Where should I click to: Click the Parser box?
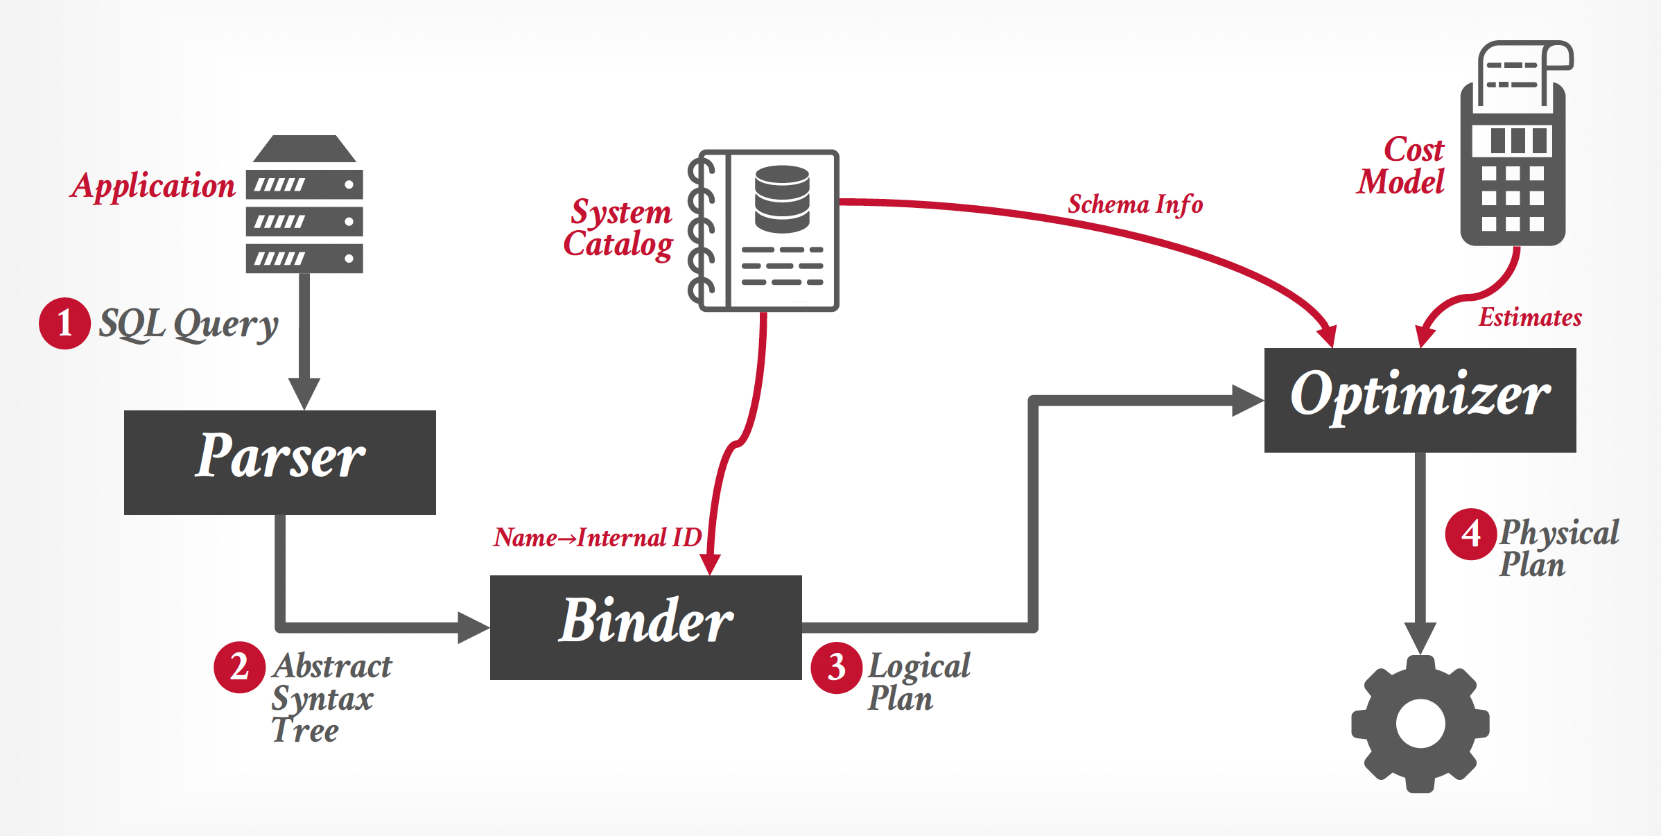pyautogui.click(x=280, y=462)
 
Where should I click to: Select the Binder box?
pyautogui.click(x=645, y=627)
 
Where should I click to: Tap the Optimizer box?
pyautogui.click(x=1420, y=400)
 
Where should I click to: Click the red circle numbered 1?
pyautogui.click(x=64, y=324)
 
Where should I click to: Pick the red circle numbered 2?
pyautogui.click(x=239, y=668)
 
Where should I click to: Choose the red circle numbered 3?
pyautogui.click(x=837, y=668)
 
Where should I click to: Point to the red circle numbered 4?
pyautogui.click(x=1470, y=534)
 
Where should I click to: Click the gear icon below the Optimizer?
pyautogui.click(x=1420, y=724)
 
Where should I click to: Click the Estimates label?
pyautogui.click(x=1530, y=318)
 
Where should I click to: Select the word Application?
pyautogui.click(x=153, y=186)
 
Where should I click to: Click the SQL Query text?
pyautogui.click(x=189, y=324)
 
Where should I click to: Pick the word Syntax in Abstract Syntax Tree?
pyautogui.click(x=322, y=699)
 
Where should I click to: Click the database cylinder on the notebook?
pyautogui.click(x=782, y=199)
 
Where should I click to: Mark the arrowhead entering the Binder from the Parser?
pyautogui.click(x=474, y=627)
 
